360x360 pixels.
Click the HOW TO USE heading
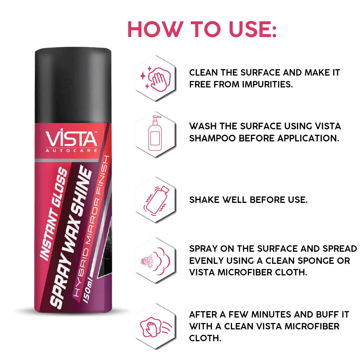(202, 30)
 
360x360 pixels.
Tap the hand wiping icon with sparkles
(155, 78)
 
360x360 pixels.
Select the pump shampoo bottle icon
(155, 133)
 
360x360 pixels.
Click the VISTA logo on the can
(71, 139)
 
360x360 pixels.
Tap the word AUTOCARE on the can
(71, 151)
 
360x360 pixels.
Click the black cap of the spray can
(73, 85)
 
